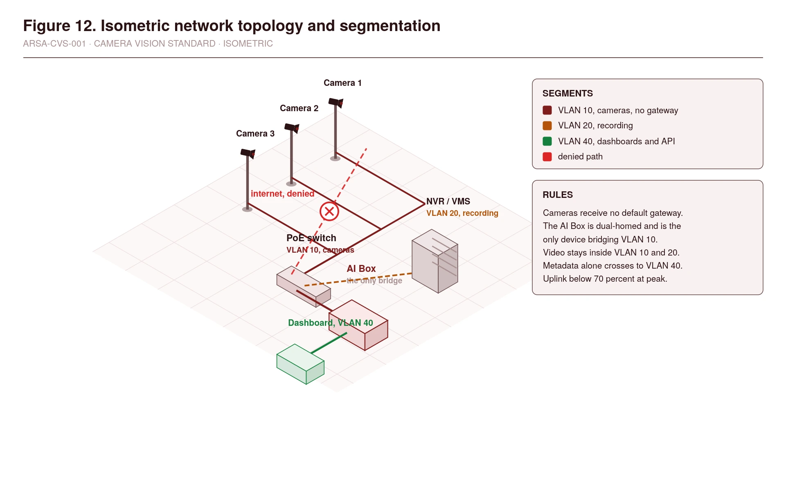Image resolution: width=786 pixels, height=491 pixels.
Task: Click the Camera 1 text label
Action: pos(342,83)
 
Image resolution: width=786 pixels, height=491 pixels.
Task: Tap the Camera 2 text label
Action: pos(299,108)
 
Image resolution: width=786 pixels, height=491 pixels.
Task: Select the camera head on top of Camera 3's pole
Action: pos(248,153)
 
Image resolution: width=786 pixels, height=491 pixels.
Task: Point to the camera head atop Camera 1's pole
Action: pos(336,103)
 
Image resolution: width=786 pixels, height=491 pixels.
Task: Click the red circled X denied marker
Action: pos(329,211)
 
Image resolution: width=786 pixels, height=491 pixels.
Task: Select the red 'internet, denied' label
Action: pos(282,194)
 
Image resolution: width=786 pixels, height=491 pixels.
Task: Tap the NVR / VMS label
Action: pos(448,202)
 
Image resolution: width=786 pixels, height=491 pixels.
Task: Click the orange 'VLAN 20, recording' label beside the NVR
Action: pos(462,213)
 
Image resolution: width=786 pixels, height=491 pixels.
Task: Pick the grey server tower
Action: pos(435,261)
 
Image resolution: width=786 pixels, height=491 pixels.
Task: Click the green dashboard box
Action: pos(300,364)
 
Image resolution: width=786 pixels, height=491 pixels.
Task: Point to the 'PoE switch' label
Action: pos(311,238)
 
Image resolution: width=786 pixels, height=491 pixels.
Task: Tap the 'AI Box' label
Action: pos(361,269)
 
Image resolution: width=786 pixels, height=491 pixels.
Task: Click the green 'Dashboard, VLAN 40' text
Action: pos(331,323)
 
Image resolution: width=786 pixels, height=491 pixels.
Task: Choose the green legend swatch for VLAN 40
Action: pos(547,141)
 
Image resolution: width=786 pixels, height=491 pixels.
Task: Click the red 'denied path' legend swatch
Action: pos(547,157)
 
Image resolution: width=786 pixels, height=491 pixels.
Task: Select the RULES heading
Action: pos(558,195)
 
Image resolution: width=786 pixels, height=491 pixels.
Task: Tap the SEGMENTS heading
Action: pos(568,94)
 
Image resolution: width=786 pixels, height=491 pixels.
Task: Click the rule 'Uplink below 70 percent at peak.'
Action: pos(605,279)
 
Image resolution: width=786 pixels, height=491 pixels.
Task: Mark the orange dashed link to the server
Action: pos(358,279)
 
